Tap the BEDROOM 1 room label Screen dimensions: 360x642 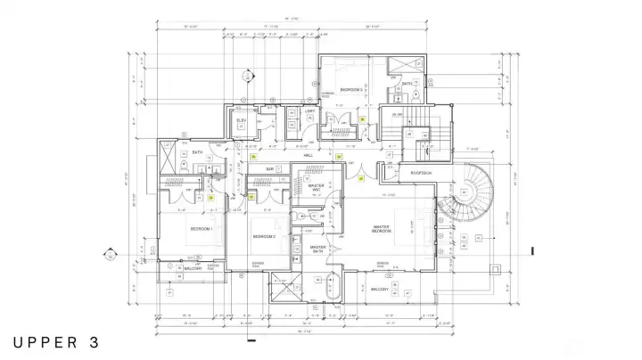tap(201, 229)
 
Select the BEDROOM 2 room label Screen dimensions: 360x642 tap(263, 236)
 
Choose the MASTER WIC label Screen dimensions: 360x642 tap(316, 187)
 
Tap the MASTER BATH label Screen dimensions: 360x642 tap(317, 249)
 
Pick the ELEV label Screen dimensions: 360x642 tap(241, 120)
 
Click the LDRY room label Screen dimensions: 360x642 tap(309, 111)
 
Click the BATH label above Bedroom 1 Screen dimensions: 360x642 tap(198, 151)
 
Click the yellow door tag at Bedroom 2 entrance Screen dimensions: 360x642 tap(251, 198)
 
